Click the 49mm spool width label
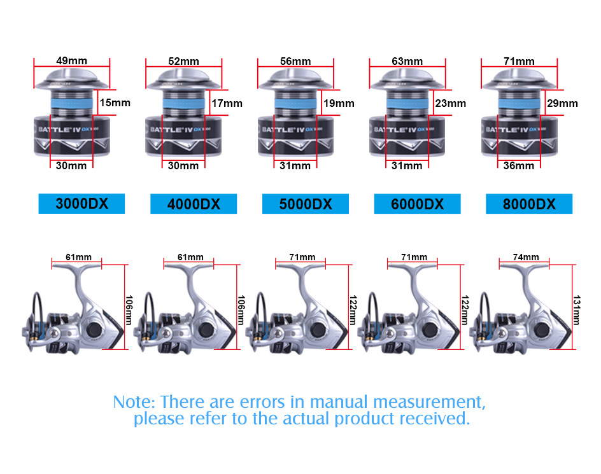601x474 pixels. coord(72,60)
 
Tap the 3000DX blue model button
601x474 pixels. coord(81,204)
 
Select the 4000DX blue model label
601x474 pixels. coord(194,204)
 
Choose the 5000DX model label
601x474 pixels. coord(306,204)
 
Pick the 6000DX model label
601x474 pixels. coord(417,204)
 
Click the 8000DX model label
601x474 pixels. coord(529,204)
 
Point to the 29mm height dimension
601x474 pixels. coord(563,103)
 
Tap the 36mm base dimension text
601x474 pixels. coord(519,165)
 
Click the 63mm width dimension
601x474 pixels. coord(407,61)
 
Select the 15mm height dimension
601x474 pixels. coord(115,102)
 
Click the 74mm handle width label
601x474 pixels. coord(526,257)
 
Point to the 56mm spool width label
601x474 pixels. coord(295,61)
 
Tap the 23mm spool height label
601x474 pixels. coord(451,103)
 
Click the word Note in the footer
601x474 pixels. coord(134,402)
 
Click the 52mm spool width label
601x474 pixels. coord(184,61)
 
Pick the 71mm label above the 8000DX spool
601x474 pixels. coord(519,61)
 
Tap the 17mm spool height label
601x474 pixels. coord(227,103)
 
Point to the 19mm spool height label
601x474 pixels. coord(339,103)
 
